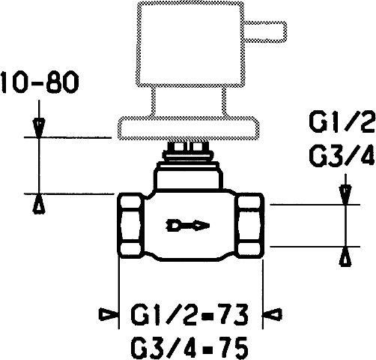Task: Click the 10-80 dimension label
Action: [40, 82]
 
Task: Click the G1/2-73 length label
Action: [189, 314]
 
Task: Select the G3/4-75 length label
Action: [189, 348]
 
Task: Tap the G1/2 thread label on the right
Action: [342, 122]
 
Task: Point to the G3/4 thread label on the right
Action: [342, 156]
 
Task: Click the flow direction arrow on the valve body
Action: [187, 226]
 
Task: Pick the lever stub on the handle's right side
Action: [265, 31]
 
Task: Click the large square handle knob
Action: [190, 44]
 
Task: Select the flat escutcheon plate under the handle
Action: [189, 128]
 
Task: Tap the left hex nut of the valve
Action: [130, 226]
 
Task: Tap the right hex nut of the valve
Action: [249, 226]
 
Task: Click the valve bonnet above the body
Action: [189, 176]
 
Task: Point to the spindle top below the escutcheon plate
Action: [188, 151]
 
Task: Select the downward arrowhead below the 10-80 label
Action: [39, 127]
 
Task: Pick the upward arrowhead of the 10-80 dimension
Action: [39, 204]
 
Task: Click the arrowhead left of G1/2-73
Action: [109, 314]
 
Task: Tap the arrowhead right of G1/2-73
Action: [272, 314]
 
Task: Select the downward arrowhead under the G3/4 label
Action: [345, 195]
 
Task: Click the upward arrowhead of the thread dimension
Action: [345, 256]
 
